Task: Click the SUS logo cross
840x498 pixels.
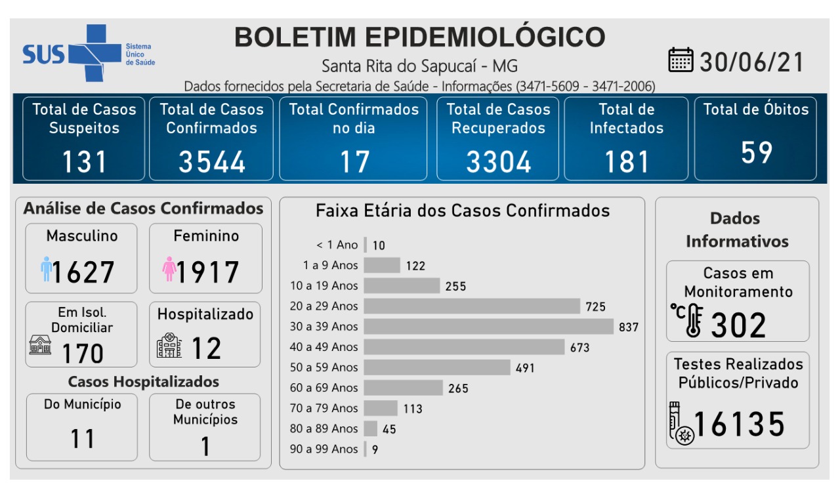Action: click(87, 52)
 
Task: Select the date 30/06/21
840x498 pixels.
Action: click(752, 62)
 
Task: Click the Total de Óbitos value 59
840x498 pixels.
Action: click(756, 152)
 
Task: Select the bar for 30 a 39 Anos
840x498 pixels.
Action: click(489, 326)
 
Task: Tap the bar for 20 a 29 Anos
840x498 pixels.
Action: click(472, 306)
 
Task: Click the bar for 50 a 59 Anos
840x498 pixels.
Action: click(437, 367)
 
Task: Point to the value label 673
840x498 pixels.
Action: click(579, 348)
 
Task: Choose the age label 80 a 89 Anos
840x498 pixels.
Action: click(324, 428)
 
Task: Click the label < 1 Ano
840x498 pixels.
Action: click(337, 245)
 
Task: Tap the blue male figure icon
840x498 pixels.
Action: click(46, 269)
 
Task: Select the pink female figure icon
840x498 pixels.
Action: click(169, 269)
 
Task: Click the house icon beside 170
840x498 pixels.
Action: click(40, 344)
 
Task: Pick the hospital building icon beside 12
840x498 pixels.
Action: click(169, 345)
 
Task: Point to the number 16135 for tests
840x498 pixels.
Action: click(739, 424)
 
